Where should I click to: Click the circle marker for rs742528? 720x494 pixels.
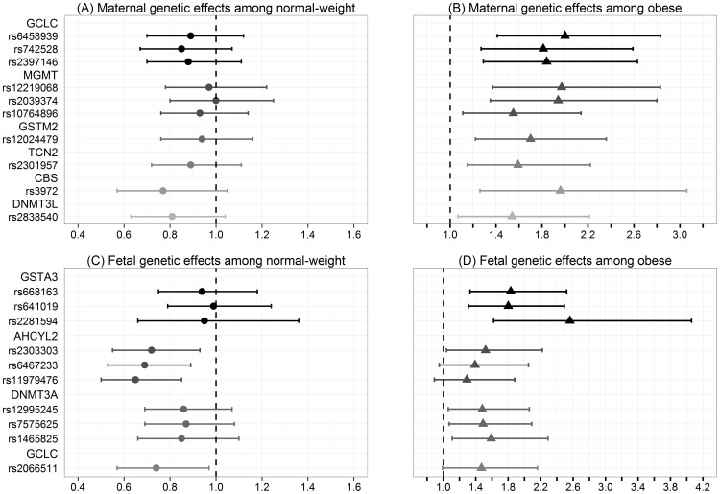(181, 48)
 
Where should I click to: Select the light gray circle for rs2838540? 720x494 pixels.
(172, 217)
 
